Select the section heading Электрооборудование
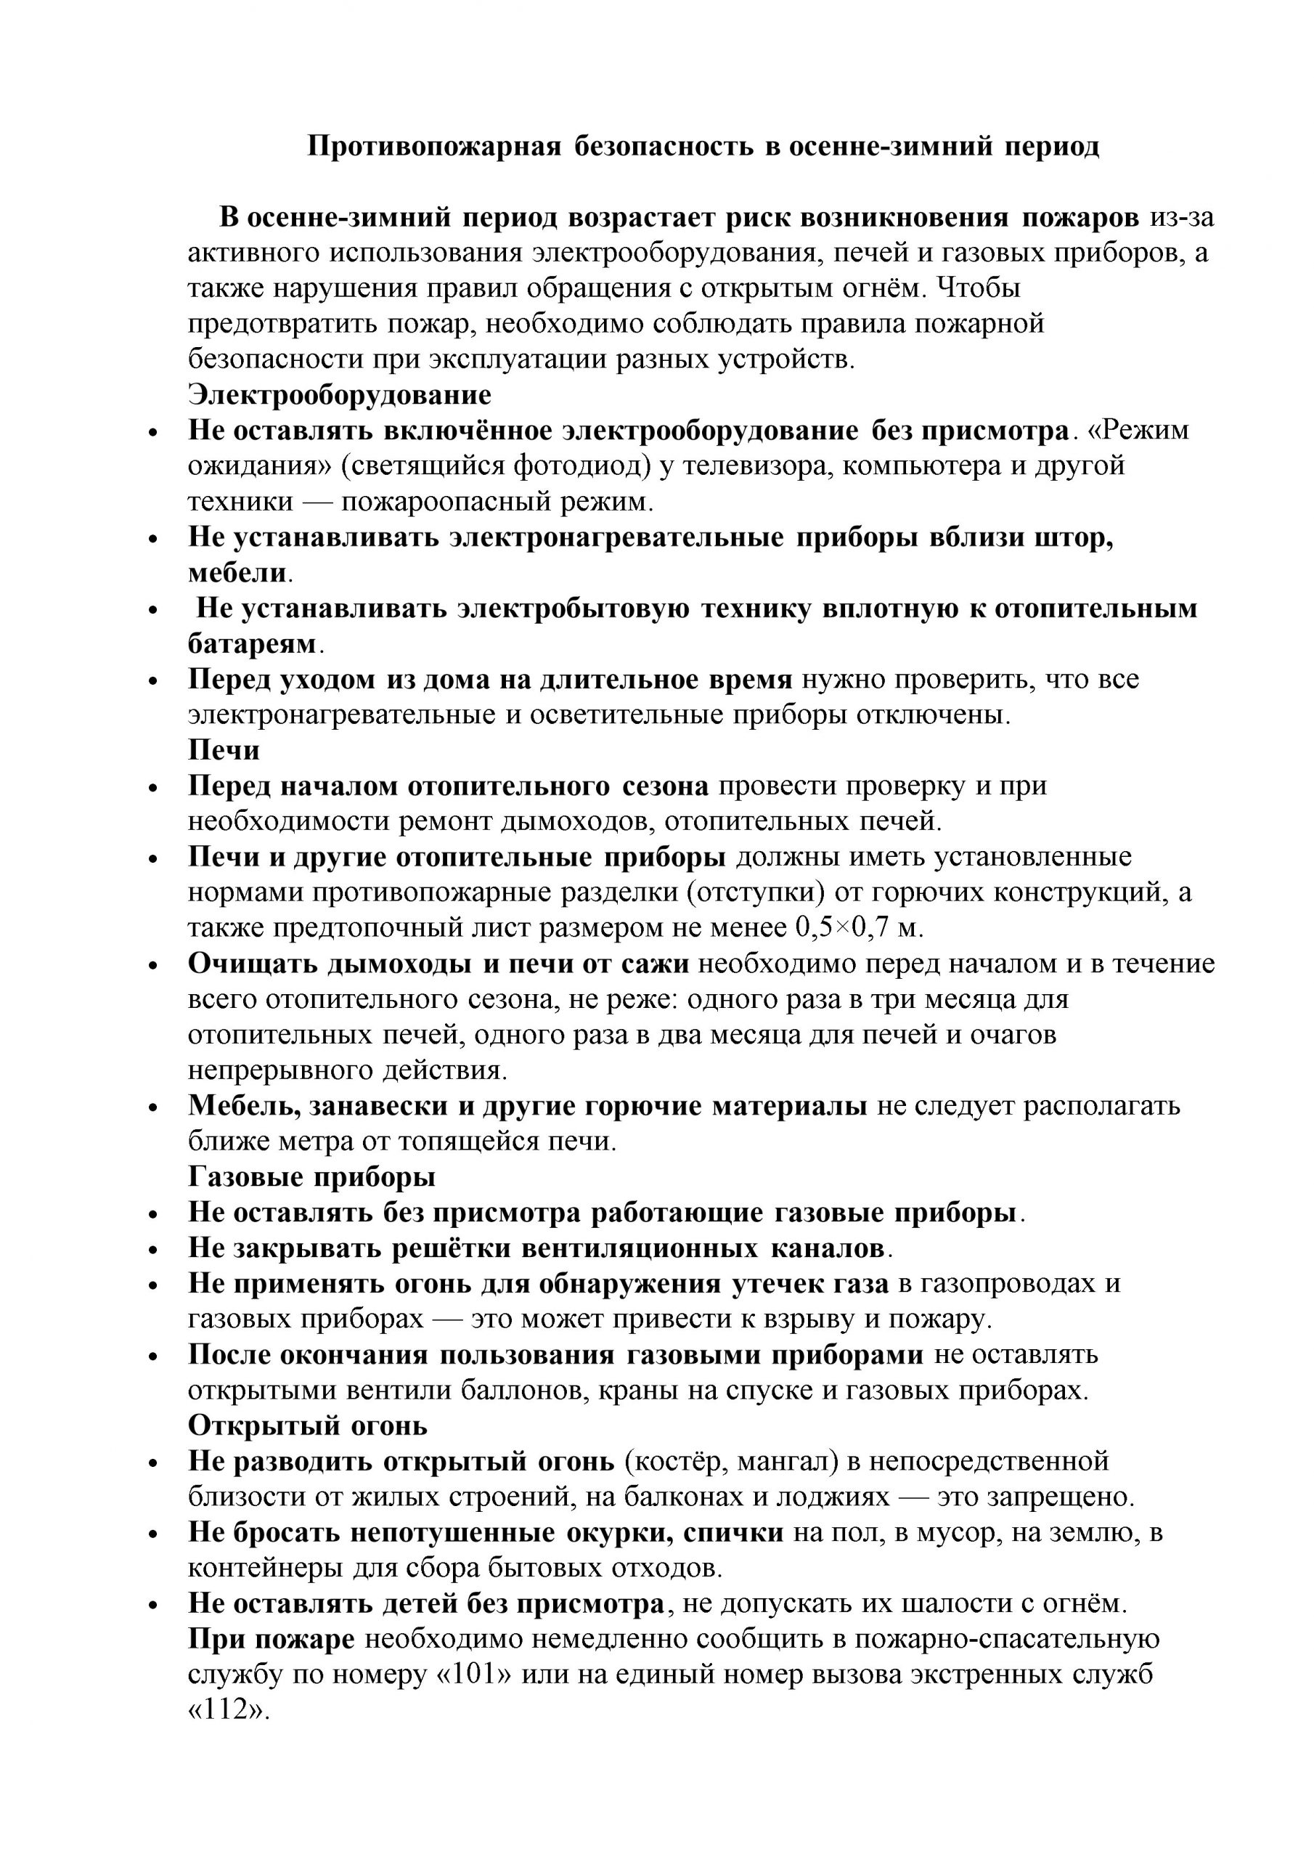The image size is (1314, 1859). (339, 395)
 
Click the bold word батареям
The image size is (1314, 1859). (252, 643)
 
